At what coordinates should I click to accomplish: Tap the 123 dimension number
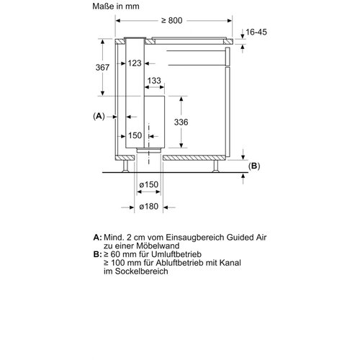pos(135,63)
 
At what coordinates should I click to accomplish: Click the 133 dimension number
pos(153,81)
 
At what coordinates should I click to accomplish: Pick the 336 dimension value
pos(182,122)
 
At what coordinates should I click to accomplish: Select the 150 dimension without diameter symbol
pos(135,134)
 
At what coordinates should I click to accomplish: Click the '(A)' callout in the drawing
pos(99,116)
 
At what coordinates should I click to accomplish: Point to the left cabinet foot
pos(127,167)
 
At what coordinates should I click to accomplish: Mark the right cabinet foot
pos(217,167)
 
